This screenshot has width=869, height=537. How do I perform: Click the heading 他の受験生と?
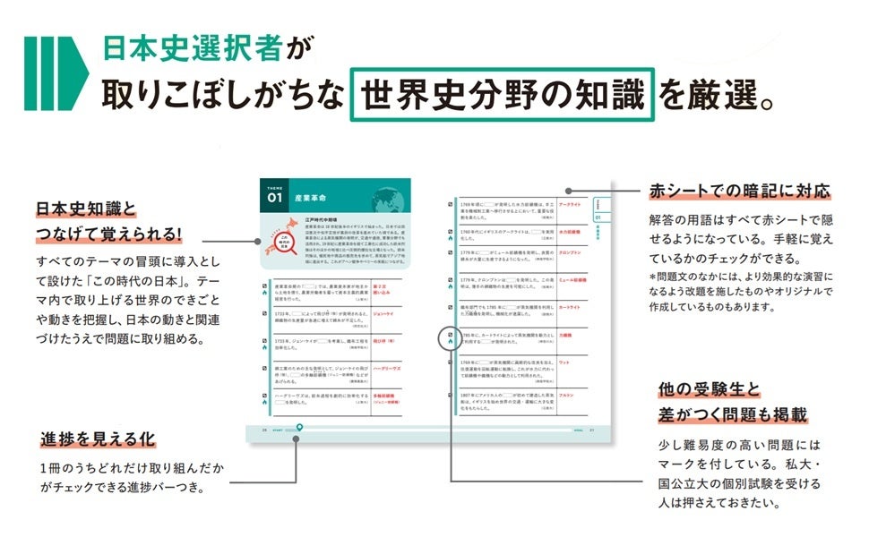point(708,389)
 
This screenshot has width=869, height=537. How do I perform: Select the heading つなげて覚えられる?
point(109,234)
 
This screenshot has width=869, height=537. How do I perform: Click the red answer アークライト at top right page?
point(572,205)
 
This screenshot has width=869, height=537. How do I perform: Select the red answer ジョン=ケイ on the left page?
point(383,314)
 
